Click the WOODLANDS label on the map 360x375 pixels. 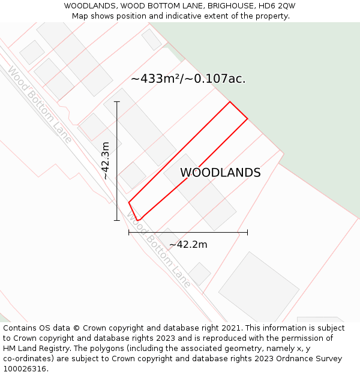coord(220,173)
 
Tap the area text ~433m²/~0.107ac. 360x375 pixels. coord(188,79)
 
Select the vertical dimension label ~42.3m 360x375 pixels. coord(106,161)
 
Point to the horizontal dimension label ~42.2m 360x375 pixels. coord(188,244)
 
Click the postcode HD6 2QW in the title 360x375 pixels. coord(276,6)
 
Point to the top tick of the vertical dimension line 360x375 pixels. coord(117,102)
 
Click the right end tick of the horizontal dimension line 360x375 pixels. coord(247,232)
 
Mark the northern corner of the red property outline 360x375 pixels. coord(230,102)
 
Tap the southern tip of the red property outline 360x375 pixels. coord(137,221)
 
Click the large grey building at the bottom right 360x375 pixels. coord(259,288)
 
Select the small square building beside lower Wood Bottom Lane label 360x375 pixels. coord(199,274)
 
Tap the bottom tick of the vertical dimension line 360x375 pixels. coord(117,220)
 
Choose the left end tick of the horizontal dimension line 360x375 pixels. coord(129,232)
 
